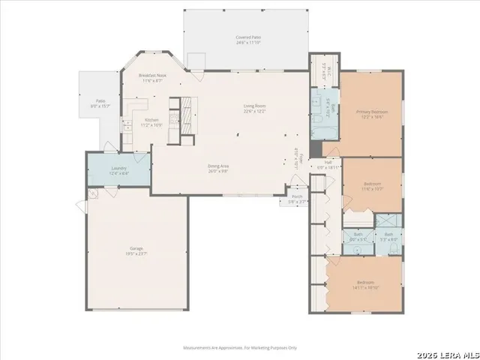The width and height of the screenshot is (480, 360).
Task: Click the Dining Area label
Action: click(218, 166)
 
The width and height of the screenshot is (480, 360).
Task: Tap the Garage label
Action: click(136, 248)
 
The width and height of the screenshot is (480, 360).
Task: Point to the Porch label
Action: click(298, 196)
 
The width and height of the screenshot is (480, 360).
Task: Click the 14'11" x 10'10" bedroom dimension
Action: click(364, 287)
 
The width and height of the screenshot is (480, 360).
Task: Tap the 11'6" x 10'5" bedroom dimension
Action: click(372, 188)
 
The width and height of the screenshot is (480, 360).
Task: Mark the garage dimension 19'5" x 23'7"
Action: click(136, 253)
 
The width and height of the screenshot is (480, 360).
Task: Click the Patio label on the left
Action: click(100, 100)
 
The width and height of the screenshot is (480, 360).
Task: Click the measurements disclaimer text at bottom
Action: click(240, 347)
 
